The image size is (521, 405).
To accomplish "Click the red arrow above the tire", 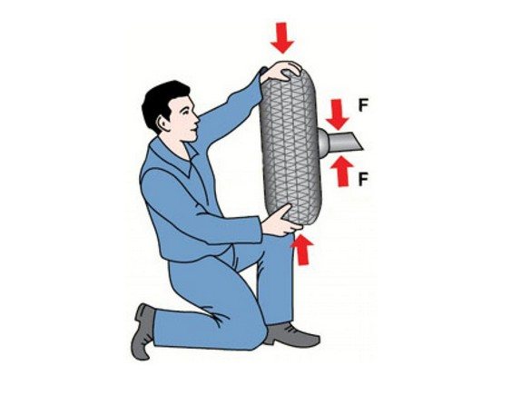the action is (282, 38).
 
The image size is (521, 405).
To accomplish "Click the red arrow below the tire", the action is (302, 250).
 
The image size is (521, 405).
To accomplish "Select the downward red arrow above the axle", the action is (338, 114).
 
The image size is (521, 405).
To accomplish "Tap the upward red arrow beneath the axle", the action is (341, 172).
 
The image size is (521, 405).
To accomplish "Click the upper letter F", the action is (363, 105).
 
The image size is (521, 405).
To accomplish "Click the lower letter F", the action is (363, 180).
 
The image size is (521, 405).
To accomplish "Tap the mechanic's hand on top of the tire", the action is (281, 71).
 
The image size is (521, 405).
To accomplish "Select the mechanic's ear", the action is (163, 123).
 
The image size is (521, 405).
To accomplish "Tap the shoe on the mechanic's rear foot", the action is (143, 331).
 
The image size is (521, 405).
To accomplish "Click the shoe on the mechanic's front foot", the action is (291, 335).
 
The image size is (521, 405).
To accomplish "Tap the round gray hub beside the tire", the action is (323, 143).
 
